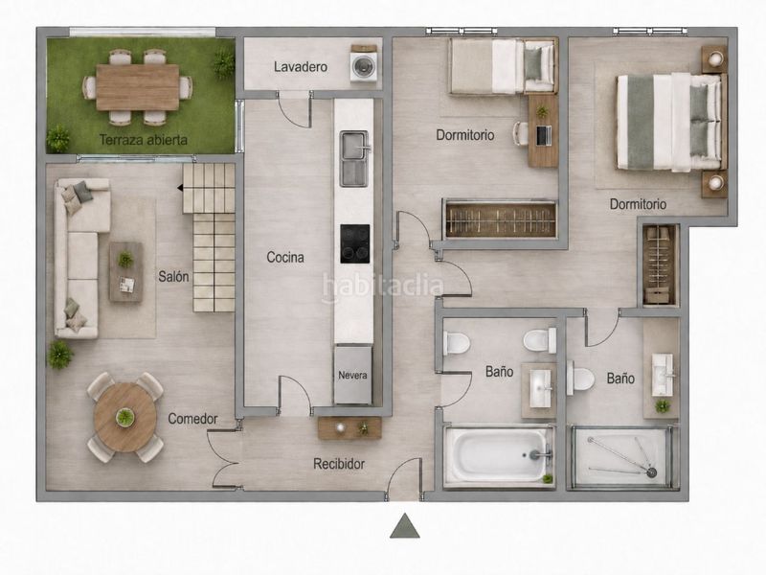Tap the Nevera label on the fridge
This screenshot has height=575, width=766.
pyautogui.click(x=352, y=376)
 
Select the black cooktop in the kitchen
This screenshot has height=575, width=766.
pyautogui.click(x=354, y=243)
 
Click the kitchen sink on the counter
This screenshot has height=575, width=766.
pyautogui.click(x=354, y=158)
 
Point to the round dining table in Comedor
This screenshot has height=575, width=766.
pyautogui.click(x=125, y=417)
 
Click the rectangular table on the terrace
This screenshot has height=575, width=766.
pyautogui.click(x=137, y=87)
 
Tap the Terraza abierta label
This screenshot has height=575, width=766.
pyautogui.click(x=143, y=140)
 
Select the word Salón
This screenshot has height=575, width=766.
pyautogui.click(x=173, y=276)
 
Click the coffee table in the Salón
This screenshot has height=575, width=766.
pyautogui.click(x=126, y=272)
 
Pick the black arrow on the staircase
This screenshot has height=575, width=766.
pyautogui.click(x=180, y=188)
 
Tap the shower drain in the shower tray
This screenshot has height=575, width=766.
pyautogui.click(x=651, y=472)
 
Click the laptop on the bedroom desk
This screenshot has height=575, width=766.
pyautogui.click(x=543, y=135)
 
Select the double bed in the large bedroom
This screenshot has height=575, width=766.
pyautogui.click(x=669, y=122)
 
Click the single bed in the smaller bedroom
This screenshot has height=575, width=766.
pyautogui.click(x=504, y=66)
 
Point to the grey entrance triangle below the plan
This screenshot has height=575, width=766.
pyautogui.click(x=404, y=525)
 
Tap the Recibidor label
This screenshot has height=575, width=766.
pyautogui.click(x=339, y=464)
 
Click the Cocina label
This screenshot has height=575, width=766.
pyautogui.click(x=285, y=257)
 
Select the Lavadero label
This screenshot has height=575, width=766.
pyautogui.click(x=301, y=66)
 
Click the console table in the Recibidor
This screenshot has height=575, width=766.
pyautogui.click(x=349, y=427)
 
